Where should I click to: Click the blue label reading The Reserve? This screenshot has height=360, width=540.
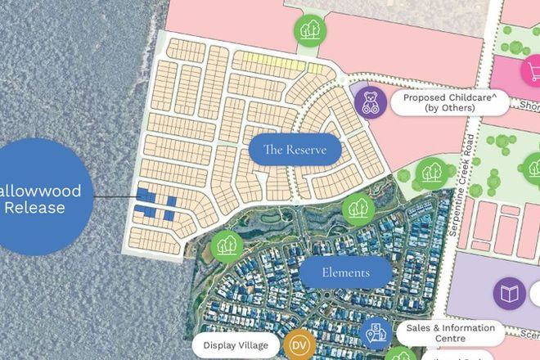coord(294,151)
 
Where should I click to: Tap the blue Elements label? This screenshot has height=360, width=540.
coord(345,272)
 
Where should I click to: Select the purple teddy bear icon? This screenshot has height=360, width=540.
coord(370,103)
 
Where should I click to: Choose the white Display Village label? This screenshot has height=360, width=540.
coord(236,345)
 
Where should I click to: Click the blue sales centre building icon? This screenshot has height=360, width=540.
coord(373,333)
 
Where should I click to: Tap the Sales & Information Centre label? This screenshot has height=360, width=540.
coord(450,332)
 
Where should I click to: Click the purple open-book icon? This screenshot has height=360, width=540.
coord(508,292)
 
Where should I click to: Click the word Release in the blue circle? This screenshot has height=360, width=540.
coord(34,207)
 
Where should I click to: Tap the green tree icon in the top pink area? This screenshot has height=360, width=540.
coord(309,30)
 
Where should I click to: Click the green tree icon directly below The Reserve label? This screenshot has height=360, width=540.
coord(357,209)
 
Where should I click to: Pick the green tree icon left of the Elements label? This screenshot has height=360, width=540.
coord(225,245)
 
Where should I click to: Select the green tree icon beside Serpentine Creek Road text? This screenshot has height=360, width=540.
coord(430,173)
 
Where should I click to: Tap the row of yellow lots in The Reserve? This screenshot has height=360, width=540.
coord(263,60)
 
